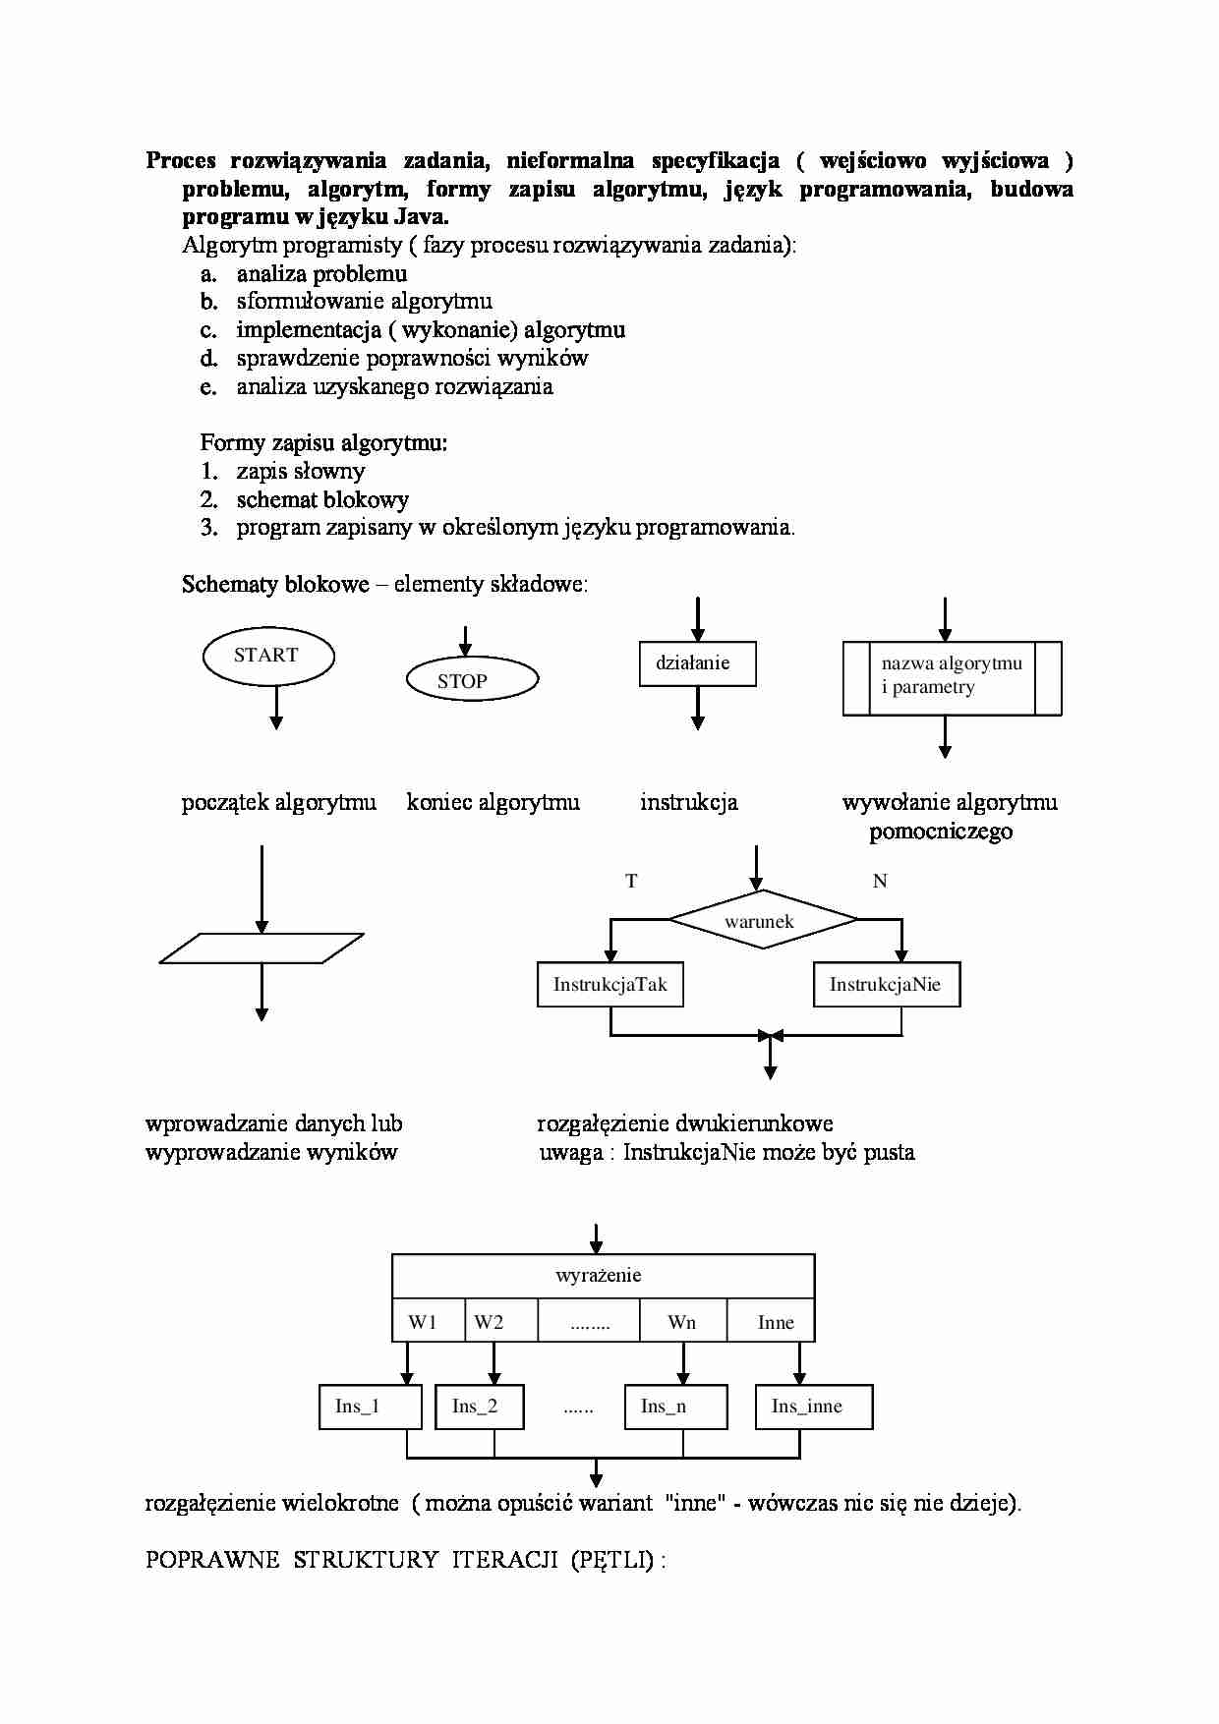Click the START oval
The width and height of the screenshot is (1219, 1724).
pos(267,657)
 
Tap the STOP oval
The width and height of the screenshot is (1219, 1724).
pos(472,680)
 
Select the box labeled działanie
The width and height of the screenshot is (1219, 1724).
pos(697,663)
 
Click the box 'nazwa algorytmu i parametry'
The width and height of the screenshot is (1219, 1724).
pos(952,677)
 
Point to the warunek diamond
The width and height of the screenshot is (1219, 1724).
pos(762,920)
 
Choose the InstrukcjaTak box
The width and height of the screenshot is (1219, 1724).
pos(609,985)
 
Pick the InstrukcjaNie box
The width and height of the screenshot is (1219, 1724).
pos(886,985)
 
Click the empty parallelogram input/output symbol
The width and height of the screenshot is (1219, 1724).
pos(261,948)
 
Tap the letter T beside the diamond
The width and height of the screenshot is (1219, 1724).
pos(631,882)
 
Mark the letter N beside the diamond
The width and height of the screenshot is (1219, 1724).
pos(880,882)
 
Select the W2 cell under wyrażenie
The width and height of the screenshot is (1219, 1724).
pos(489,1322)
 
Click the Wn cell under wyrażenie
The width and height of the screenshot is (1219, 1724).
pos(681,1322)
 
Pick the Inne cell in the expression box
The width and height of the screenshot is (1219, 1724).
pos(775,1322)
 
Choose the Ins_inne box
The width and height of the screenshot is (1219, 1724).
pos(813,1407)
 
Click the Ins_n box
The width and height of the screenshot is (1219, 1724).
pos(675,1407)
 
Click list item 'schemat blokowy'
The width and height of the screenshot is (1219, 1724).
pos(322,500)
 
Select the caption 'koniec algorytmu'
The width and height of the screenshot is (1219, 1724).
pos(493,803)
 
